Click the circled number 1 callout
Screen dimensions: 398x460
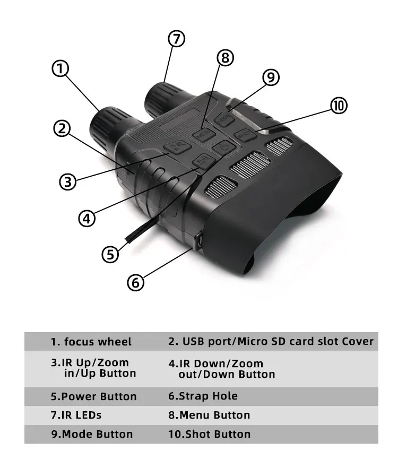coord(60,69)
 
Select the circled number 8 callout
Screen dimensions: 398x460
coord(226,57)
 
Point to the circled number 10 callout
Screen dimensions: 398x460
coord(339,106)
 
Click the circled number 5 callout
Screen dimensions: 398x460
coord(110,254)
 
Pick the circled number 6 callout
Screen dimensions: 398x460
coord(136,282)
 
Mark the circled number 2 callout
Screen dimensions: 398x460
coord(62,128)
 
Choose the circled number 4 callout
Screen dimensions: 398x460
coord(86,218)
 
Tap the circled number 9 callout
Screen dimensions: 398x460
coord(271,77)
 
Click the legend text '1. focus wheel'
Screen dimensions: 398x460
coord(91,342)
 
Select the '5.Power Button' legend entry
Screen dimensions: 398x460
coord(94,396)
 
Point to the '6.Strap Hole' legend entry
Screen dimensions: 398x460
coord(203,396)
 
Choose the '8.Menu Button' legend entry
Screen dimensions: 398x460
coord(209,415)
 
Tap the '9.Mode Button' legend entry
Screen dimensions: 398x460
coord(92,434)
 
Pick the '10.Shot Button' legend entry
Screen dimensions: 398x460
coord(209,434)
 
